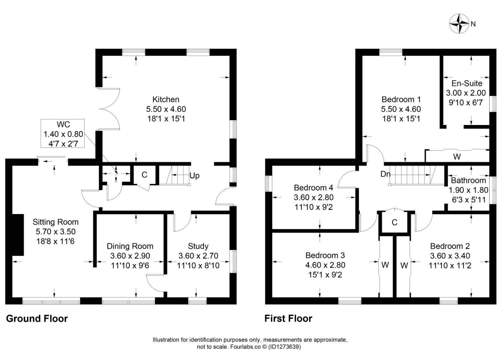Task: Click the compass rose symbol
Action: (459, 24)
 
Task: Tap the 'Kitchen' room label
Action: (166, 99)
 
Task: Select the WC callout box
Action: (63, 133)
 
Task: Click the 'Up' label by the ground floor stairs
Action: (195, 176)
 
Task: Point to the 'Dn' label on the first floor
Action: (385, 174)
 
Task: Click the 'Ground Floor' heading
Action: (37, 319)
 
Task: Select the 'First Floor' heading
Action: (288, 319)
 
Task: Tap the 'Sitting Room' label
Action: (55, 222)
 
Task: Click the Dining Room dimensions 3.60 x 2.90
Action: (130, 256)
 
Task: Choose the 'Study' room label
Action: (198, 246)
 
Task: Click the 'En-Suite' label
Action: (466, 83)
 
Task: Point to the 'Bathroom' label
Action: (468, 181)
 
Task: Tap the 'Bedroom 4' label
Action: (313, 188)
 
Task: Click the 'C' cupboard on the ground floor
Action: (144, 175)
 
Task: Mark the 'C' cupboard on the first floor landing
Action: (394, 222)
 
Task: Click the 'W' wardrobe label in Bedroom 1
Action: (457, 156)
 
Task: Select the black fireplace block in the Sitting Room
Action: (18, 235)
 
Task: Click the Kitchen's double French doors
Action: (109, 109)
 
